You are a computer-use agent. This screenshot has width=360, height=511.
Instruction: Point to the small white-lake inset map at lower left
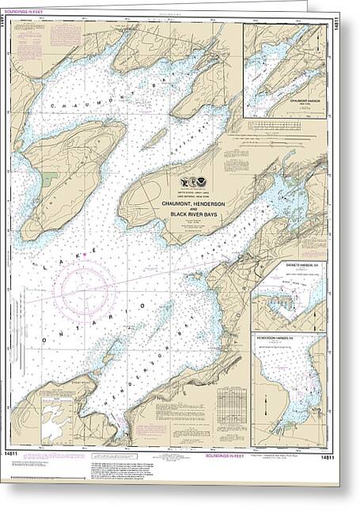55,420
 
